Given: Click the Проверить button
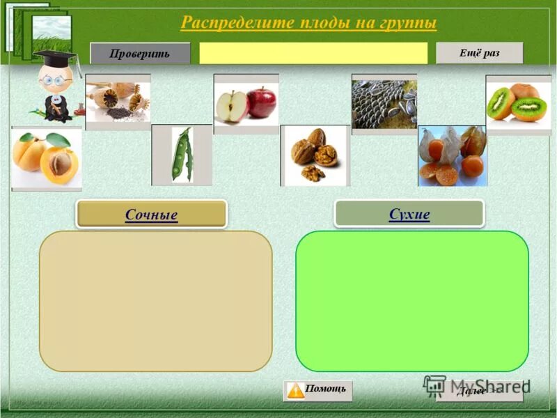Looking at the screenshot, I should tap(139, 54).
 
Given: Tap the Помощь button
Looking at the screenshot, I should tap(318, 390).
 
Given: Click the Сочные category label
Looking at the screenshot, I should tap(151, 215).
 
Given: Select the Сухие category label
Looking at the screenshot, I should tap(409, 214).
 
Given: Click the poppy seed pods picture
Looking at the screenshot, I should tap(118, 102).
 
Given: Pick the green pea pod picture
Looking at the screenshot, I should tap(182, 155).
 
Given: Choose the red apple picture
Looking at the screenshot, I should tap(262, 102).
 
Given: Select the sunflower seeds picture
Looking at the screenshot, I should tap(384, 103).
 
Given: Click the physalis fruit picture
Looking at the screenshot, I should tap(452, 155).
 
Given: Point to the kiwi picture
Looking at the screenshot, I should tap(518, 103).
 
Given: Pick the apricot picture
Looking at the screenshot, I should tap(46, 158).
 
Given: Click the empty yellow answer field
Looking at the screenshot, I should tap(313, 54).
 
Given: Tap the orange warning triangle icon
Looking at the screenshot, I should tap(296, 390).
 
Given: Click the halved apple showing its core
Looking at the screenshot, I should tap(229, 107).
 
